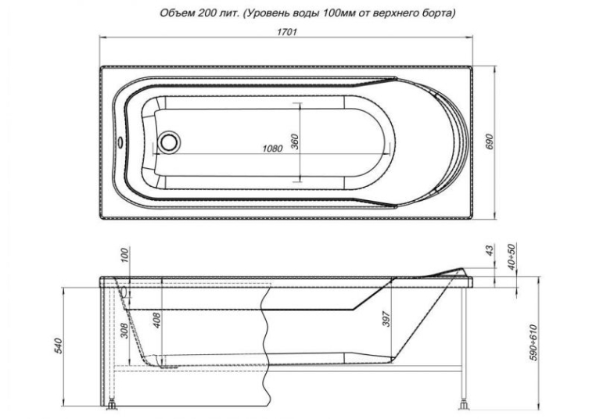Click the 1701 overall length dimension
(x=286, y=31)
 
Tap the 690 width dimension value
(x=489, y=141)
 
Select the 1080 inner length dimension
(x=272, y=149)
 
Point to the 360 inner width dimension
(x=295, y=141)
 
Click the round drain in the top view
(x=169, y=141)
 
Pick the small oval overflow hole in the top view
(x=120, y=142)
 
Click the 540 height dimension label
(x=59, y=346)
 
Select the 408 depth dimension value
(x=157, y=320)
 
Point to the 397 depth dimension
(x=386, y=318)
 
